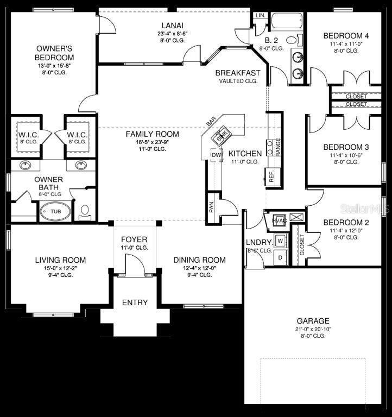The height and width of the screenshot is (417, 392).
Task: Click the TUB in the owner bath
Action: pyautogui.click(x=55, y=211)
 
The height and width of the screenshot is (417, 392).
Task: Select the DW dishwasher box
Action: pyautogui.click(x=215, y=156)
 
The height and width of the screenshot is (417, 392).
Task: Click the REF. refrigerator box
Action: pyautogui.click(x=271, y=176)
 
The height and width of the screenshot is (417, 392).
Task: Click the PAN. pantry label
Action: pyautogui.click(x=212, y=207)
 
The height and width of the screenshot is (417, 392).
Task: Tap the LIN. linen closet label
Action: pyautogui.click(x=260, y=15)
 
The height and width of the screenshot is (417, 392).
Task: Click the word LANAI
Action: pyautogui.click(x=172, y=25)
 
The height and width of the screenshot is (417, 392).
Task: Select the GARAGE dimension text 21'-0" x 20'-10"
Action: pyautogui.click(x=313, y=329)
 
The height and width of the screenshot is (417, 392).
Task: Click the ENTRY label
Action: pyautogui.click(x=134, y=302)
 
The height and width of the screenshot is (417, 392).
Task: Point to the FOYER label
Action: pyautogui.click(x=134, y=239)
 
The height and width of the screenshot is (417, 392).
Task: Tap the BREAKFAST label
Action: pyautogui.click(x=238, y=73)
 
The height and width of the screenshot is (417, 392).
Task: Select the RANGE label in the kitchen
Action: pyautogui.click(x=278, y=147)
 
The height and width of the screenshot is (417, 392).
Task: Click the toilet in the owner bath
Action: pyautogui.click(x=85, y=210)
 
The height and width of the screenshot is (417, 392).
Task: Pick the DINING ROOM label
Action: pyautogui.click(x=199, y=260)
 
